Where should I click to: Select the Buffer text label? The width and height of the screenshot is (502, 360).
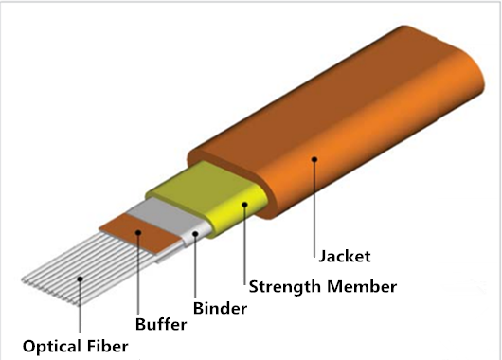pos(160,326)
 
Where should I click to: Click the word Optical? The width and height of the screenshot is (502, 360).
pos(51,346)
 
